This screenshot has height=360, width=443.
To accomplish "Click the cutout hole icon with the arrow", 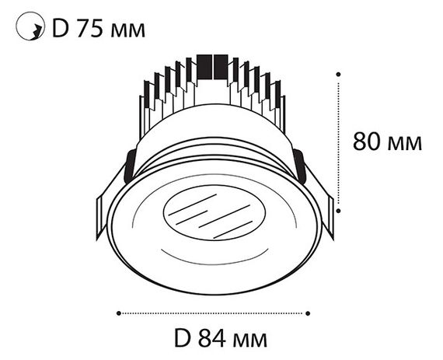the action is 30,26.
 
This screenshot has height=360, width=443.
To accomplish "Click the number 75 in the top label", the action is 90,29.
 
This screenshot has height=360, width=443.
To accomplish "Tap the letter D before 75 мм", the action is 61,29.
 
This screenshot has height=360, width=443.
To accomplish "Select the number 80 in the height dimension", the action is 367,142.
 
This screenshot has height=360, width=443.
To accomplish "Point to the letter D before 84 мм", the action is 182,338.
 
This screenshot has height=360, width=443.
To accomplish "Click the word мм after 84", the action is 250,341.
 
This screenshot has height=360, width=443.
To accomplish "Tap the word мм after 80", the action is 405,144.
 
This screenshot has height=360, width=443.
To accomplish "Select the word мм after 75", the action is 128,31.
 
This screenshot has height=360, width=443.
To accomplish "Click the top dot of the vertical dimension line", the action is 338,75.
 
